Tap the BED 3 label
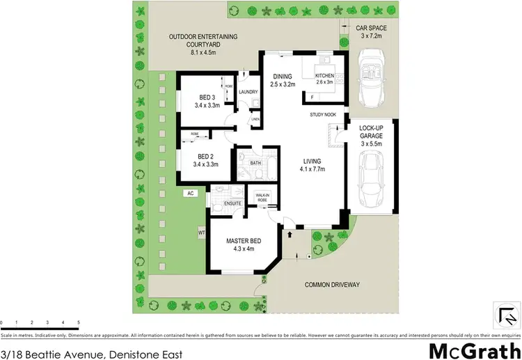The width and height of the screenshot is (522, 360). click(207, 97)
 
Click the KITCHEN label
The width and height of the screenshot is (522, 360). click(325, 76)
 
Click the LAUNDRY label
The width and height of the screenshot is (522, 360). click(248, 92)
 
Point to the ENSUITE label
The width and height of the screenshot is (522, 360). click(232, 203)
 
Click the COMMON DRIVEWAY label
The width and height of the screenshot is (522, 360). click(332, 284)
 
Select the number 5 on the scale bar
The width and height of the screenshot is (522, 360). click(78, 322)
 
